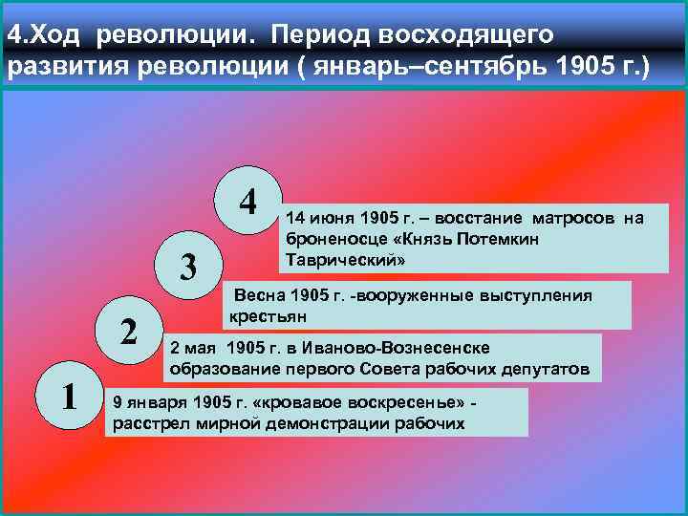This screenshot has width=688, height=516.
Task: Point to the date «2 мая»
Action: pos(190,349)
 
